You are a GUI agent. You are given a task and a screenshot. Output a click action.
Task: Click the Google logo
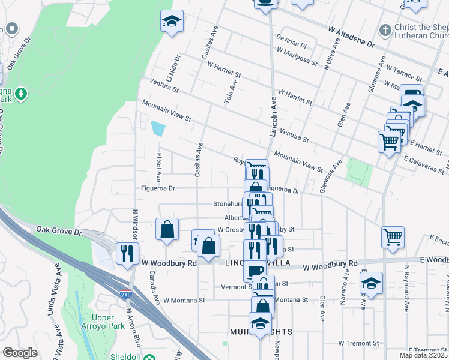(x=20, y=353)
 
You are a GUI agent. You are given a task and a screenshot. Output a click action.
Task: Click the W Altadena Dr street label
(x=351, y=37)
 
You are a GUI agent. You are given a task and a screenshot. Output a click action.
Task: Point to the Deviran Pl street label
(x=291, y=45)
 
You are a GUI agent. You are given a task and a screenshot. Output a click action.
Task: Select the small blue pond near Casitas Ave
(x=158, y=128)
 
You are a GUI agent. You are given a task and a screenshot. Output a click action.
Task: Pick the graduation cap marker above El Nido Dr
(x=172, y=22)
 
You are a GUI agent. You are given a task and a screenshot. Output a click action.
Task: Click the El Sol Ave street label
(x=159, y=167)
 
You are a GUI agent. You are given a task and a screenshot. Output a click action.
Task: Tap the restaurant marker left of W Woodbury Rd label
(x=127, y=253)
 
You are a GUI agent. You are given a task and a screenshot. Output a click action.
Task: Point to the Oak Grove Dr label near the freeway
(x=58, y=230)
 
